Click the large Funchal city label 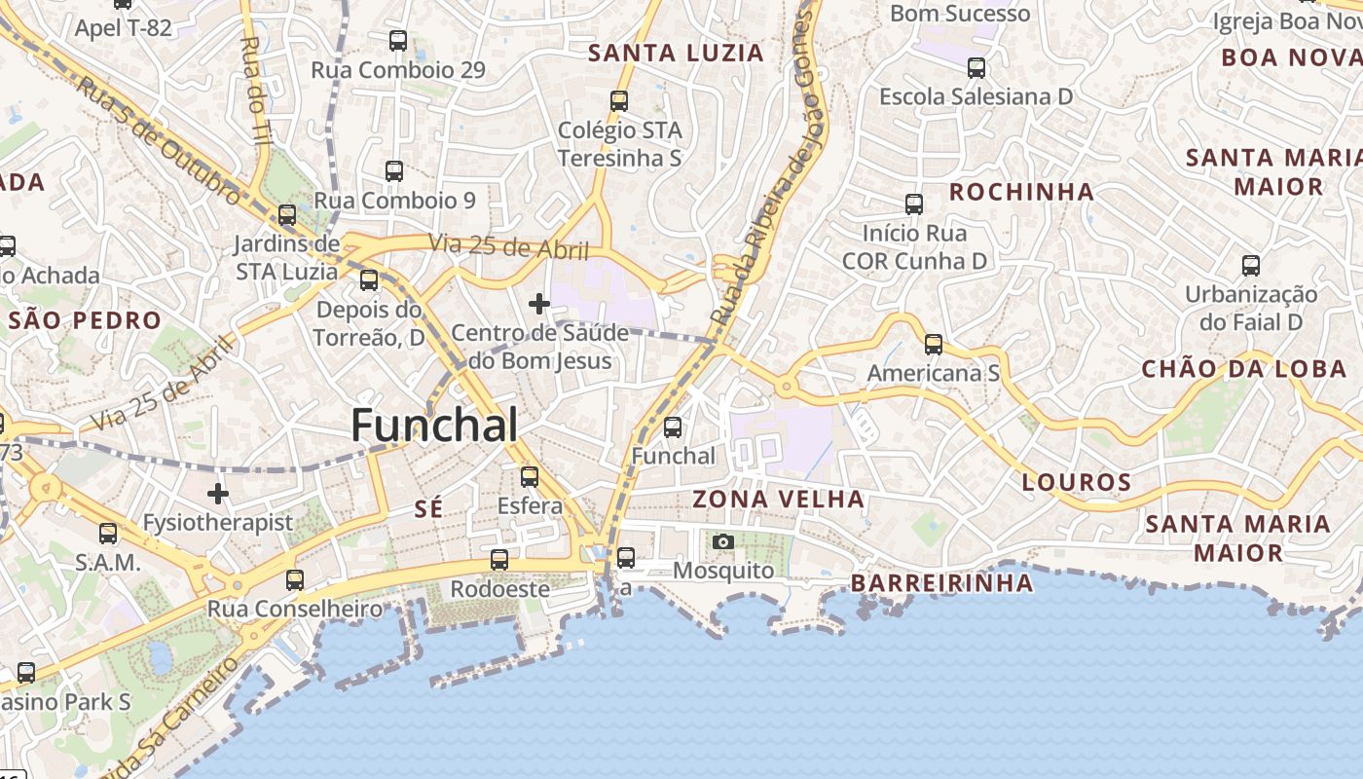click(x=434, y=426)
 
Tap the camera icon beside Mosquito click(x=722, y=541)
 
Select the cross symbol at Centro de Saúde click(x=538, y=304)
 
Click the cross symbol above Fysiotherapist click(x=218, y=494)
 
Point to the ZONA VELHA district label click(x=778, y=500)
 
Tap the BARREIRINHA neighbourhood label click(x=941, y=583)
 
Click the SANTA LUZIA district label click(x=677, y=54)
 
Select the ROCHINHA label click(x=1021, y=192)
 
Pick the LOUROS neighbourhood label click(x=1077, y=482)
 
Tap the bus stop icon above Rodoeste click(x=499, y=560)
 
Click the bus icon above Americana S click(x=934, y=345)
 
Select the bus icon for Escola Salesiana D click(x=976, y=68)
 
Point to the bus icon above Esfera click(x=530, y=477)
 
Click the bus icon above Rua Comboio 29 click(x=397, y=41)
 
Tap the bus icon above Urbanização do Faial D click(x=1251, y=265)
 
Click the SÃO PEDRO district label click(x=85, y=320)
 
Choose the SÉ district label click(x=428, y=508)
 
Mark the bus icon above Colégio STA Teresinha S click(x=619, y=100)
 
